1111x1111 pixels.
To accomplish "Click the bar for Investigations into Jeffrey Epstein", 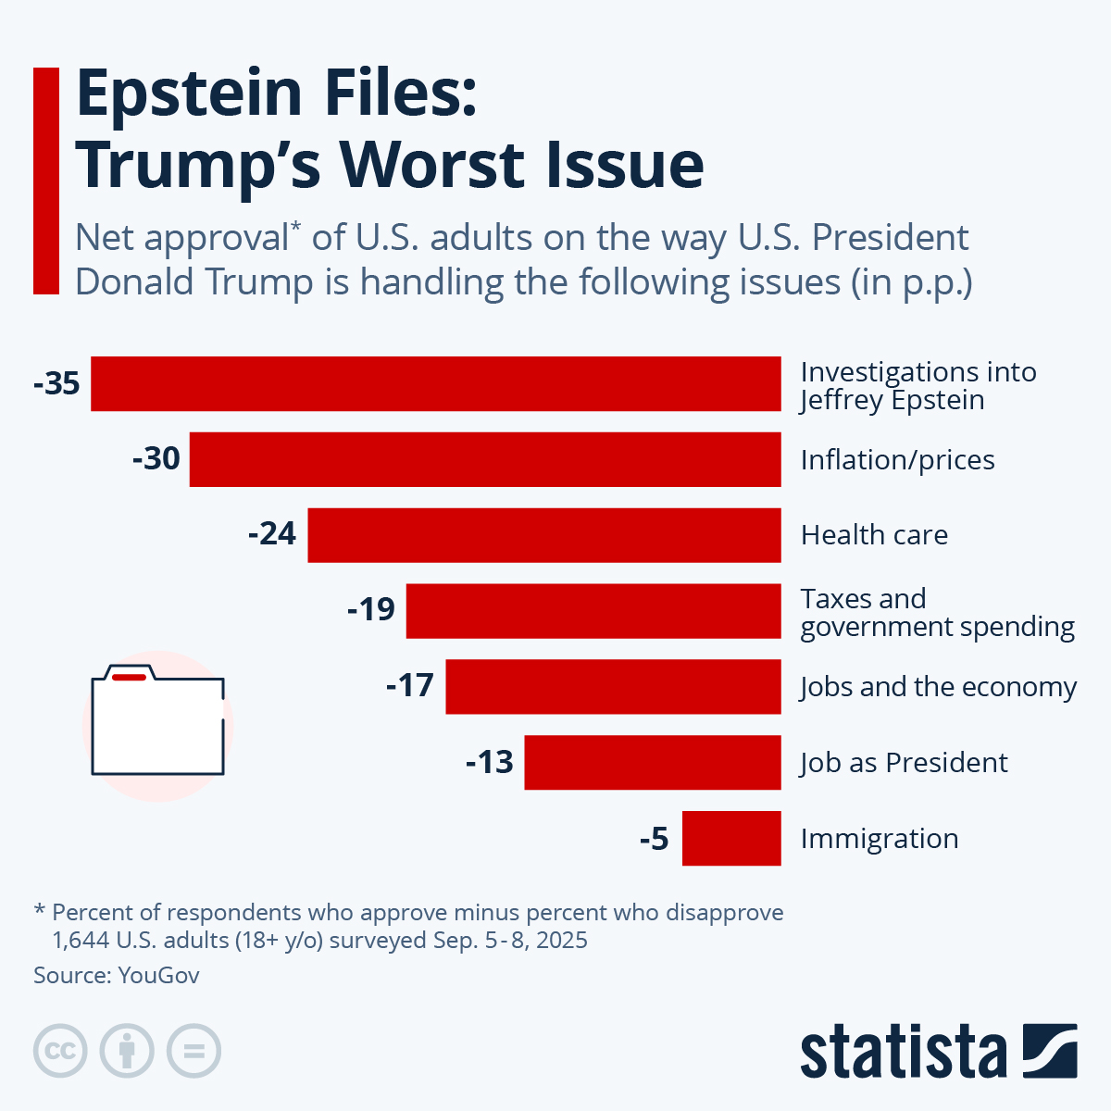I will pyautogui.click(x=435, y=383).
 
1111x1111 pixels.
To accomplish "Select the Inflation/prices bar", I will pyautogui.click(x=485, y=459).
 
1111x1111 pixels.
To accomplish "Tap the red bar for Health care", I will pyautogui.click(x=544, y=535).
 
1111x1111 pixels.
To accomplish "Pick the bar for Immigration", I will pyautogui.click(x=731, y=839).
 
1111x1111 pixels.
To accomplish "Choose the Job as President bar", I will pyautogui.click(x=653, y=763).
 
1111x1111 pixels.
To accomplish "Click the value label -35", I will pyautogui.click(x=56, y=383).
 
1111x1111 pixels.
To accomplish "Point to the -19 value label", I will pyautogui.click(x=371, y=610).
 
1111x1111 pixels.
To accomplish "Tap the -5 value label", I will pyautogui.click(x=654, y=839).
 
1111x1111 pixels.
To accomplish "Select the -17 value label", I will pyautogui.click(x=410, y=686).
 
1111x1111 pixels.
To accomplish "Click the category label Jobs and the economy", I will pyautogui.click(x=938, y=687).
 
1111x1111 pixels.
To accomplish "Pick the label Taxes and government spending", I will pyautogui.click(x=937, y=613).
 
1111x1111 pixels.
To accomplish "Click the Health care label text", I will pyautogui.click(x=874, y=535).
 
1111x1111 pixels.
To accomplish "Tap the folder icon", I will pyautogui.click(x=157, y=722).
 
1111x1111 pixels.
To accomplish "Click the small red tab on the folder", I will pyautogui.click(x=129, y=678).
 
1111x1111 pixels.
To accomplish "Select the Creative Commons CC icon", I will pyautogui.click(x=60, y=1052).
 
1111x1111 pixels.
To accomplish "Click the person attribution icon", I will pyautogui.click(x=127, y=1052).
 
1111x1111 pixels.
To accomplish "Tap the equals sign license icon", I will pyautogui.click(x=193, y=1052).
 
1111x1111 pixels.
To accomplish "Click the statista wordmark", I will pyautogui.click(x=903, y=1052).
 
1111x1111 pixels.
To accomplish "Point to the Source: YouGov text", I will pyautogui.click(x=117, y=976).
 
